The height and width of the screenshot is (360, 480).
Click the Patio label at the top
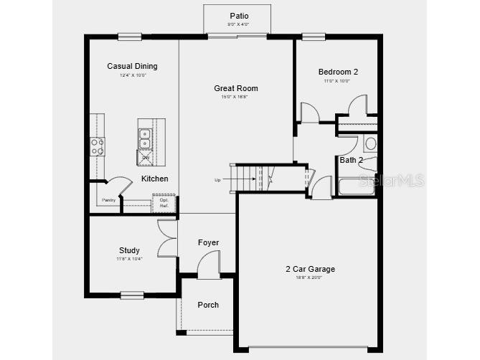point(238,16)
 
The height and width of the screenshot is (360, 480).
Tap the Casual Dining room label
point(132,67)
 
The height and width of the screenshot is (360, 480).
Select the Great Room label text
point(235,89)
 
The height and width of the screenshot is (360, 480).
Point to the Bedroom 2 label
point(338,72)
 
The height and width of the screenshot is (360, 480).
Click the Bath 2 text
point(351,160)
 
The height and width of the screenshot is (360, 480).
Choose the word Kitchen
point(154,179)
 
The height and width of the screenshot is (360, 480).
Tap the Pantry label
point(109,200)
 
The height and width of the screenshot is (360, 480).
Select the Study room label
point(129,250)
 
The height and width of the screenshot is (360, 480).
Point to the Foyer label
point(208,242)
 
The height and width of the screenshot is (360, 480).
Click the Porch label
point(208,305)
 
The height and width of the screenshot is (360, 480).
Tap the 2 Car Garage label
point(310,270)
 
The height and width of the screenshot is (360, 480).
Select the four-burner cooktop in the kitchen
point(97,146)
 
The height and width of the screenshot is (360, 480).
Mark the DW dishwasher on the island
point(145,157)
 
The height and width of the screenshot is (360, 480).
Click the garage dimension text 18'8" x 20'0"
point(310,278)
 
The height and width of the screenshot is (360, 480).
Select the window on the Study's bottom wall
point(132,293)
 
